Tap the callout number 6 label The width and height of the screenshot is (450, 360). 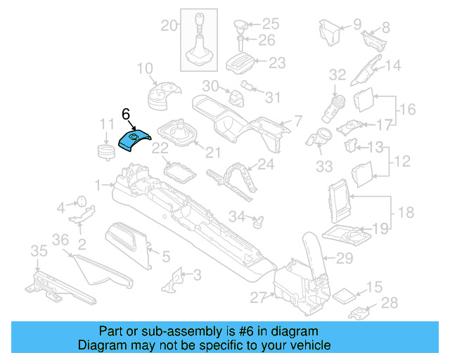[x=126, y=114]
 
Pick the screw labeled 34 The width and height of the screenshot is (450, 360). [x=258, y=220]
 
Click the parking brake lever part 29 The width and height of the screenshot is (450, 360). [x=313, y=249]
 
